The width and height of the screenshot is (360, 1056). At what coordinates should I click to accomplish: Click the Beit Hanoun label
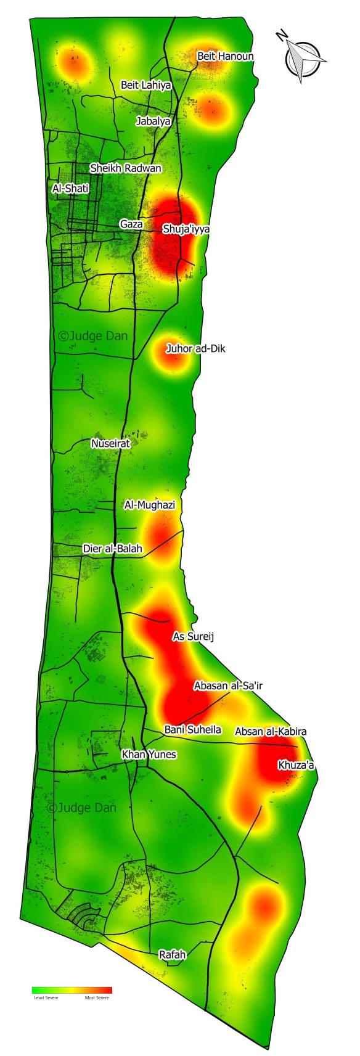tap(225, 56)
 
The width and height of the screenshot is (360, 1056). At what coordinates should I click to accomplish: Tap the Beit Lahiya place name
tap(145, 85)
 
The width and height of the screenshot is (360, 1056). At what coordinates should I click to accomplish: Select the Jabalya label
tap(153, 121)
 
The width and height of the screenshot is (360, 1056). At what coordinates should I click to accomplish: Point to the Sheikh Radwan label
tap(126, 168)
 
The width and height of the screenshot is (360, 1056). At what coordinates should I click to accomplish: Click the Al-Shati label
tap(71, 189)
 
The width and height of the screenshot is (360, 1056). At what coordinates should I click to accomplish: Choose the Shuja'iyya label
tap(186, 229)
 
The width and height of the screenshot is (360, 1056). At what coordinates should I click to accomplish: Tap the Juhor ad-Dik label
tap(195, 349)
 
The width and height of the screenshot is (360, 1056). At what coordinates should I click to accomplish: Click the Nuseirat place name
tap(111, 443)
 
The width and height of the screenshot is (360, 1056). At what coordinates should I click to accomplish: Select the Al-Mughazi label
tap(150, 505)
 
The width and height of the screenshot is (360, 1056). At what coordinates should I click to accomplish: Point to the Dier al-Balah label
tap(112, 549)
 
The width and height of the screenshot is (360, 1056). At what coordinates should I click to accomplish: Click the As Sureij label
tap(193, 636)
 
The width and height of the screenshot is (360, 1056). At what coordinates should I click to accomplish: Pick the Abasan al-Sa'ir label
tap(224, 686)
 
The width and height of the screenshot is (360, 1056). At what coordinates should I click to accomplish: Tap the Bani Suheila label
tap(192, 730)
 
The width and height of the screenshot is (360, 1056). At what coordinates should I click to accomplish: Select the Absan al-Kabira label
tap(271, 732)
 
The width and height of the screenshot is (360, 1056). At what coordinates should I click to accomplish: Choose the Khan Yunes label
tap(149, 755)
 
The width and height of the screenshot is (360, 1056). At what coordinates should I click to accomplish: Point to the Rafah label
tap(172, 955)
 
